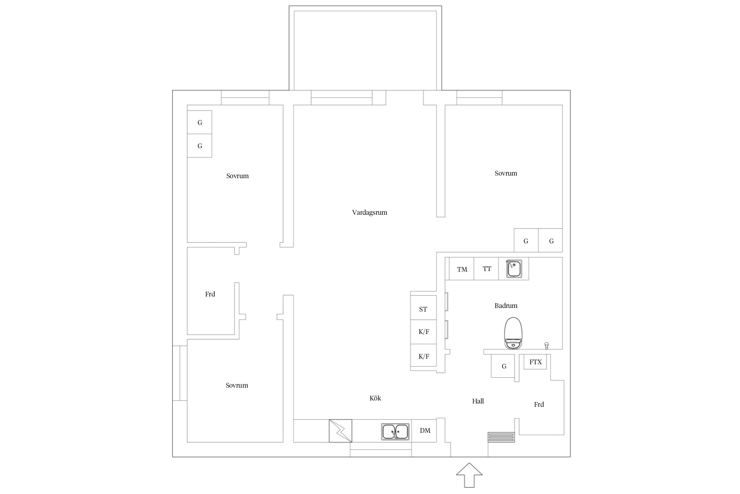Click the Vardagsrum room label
(x=369, y=213)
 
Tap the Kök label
(x=375, y=398)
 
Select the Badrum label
(x=506, y=306)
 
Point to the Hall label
(x=478, y=401)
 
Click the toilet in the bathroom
(x=513, y=333)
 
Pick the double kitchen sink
(x=395, y=431)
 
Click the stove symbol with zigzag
(x=340, y=431)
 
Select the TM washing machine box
(x=461, y=269)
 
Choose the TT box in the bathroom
(x=486, y=269)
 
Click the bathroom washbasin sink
(x=514, y=269)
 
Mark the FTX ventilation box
(x=535, y=362)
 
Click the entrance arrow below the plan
(x=469, y=475)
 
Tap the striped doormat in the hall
(x=501, y=437)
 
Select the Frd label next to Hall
(x=539, y=404)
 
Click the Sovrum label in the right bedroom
(x=506, y=173)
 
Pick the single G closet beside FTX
(x=503, y=366)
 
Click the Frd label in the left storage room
(x=210, y=294)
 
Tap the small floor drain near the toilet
(x=547, y=345)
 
